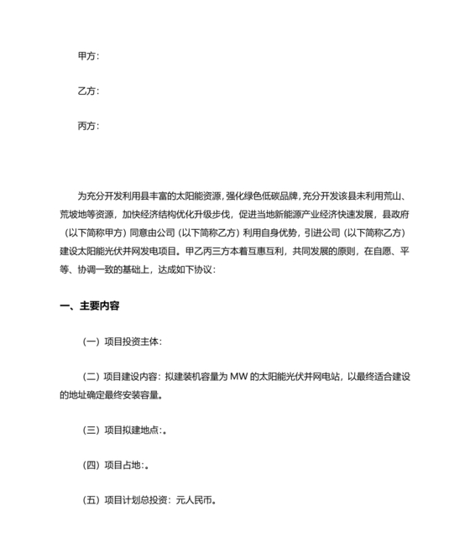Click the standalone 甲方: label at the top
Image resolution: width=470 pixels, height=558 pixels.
88,56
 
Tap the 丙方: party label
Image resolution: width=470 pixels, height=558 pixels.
88,127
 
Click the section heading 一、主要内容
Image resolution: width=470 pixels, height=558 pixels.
90,307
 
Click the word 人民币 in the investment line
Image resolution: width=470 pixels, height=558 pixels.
197,501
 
